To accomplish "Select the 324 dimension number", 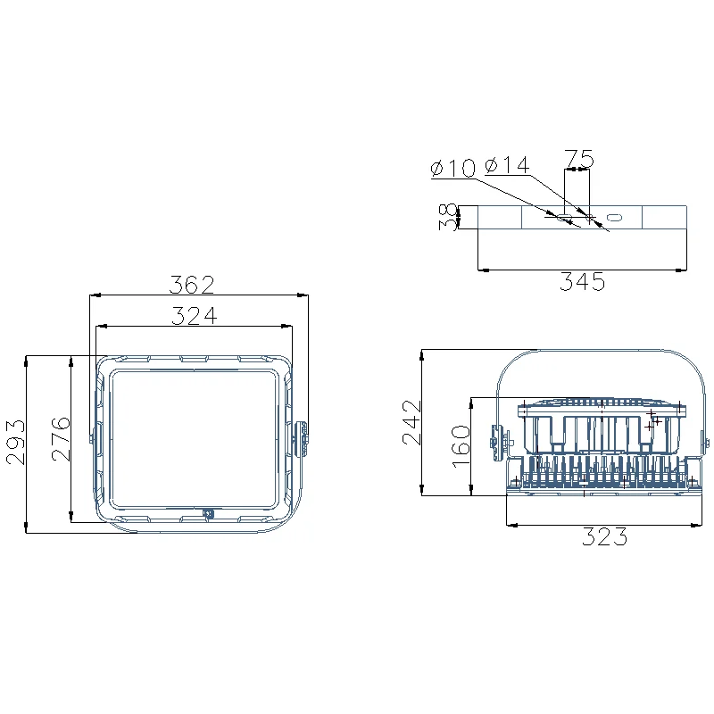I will [194, 314].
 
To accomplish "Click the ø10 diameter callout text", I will [453, 169].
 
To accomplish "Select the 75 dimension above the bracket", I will [578, 159].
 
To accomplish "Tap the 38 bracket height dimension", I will [447, 217].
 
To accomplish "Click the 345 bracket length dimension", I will [582, 281].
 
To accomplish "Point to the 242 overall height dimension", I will [411, 421].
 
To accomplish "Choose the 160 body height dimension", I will [461, 444].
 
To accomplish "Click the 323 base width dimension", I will [604, 537].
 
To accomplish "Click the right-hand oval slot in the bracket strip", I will [614, 217].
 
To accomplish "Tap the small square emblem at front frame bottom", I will [209, 513].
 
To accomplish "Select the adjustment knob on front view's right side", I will [303, 438].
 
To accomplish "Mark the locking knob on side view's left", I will [496, 440].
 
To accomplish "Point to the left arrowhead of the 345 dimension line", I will [480, 267].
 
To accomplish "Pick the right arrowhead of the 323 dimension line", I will [702, 523].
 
